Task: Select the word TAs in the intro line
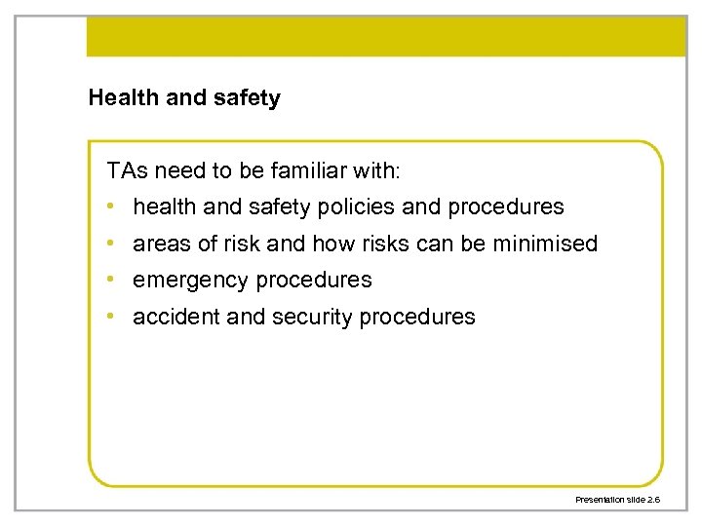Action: pyautogui.click(x=125, y=171)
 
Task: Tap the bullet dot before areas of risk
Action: pyautogui.click(x=113, y=244)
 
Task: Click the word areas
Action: pyautogui.click(x=160, y=244)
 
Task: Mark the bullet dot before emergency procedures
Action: pyautogui.click(x=113, y=281)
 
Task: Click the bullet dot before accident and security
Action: pyautogui.click(x=113, y=317)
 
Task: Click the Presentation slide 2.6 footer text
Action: pyautogui.click(x=617, y=499)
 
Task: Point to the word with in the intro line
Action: pyautogui.click(x=380, y=171)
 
